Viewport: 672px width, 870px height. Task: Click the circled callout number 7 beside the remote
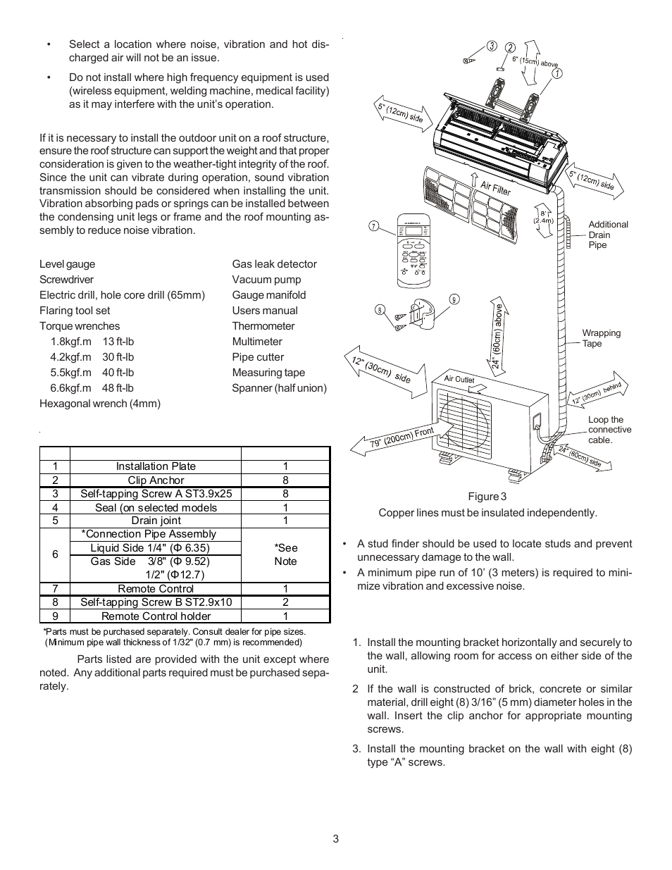coord(374,226)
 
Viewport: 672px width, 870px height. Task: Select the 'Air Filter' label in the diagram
coord(495,187)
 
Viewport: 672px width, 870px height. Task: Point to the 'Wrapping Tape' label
coord(601,338)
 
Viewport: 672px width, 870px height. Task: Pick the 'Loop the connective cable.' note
coord(609,430)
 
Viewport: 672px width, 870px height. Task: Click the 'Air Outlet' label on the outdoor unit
coord(459,379)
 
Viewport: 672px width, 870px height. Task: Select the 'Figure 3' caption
coord(492,497)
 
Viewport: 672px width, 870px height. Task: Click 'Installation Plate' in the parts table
coord(156,466)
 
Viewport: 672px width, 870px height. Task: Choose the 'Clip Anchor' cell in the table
coord(156,480)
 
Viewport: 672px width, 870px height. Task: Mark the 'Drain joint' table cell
coord(156,521)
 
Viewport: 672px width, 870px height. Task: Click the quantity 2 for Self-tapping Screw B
coord(285,602)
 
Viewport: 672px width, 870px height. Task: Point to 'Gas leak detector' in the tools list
coord(274,264)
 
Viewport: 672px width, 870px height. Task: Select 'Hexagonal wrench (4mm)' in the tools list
coord(100,404)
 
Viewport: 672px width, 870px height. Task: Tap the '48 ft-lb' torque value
coord(118,388)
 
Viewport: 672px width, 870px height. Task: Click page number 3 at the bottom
coord(336,839)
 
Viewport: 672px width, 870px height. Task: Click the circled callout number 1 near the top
coord(556,73)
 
